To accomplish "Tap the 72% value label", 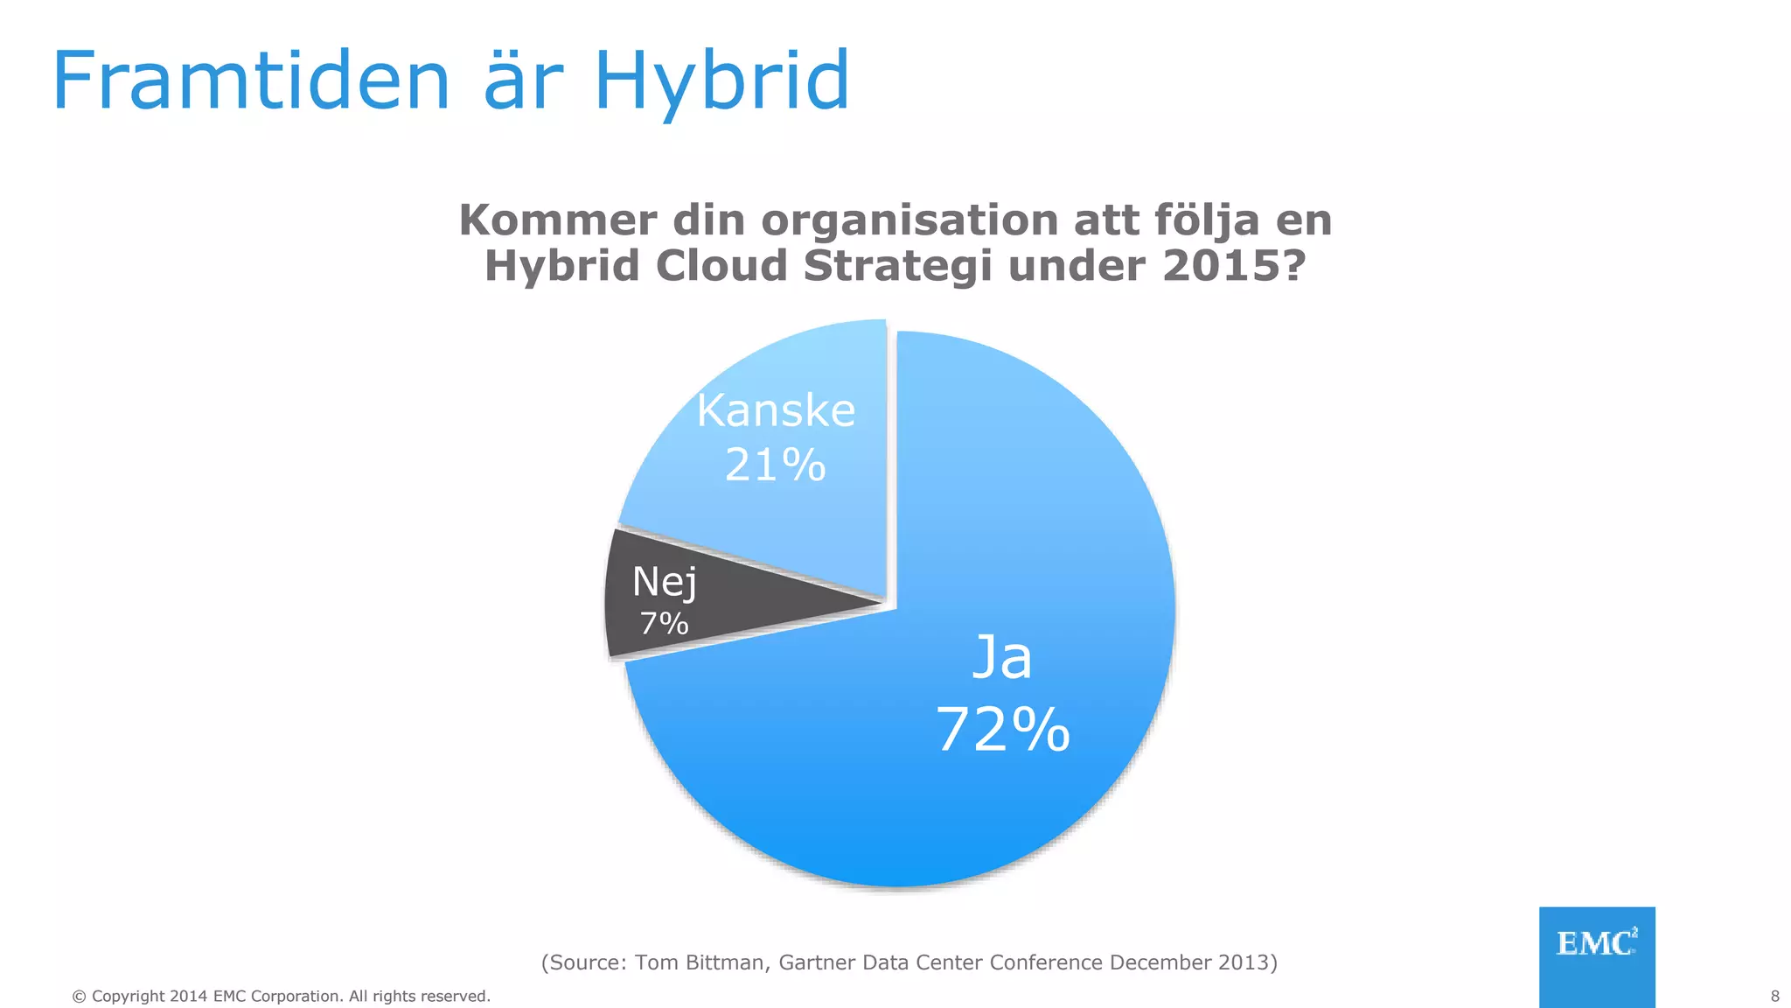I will pos(1003,730).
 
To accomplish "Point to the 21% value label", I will pos(775,465).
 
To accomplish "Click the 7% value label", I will pos(664,624).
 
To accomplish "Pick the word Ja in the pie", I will pos(1002,658).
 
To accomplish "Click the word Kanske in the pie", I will pos(776,410).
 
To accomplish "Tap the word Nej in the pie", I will pos(665,583).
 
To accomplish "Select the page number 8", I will pos(1774,996).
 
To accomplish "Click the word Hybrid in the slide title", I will pos(721,81).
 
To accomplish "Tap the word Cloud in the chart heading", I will pos(721,265).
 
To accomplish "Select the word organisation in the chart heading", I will pos(909,220).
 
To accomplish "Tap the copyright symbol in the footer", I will pos(79,997).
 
